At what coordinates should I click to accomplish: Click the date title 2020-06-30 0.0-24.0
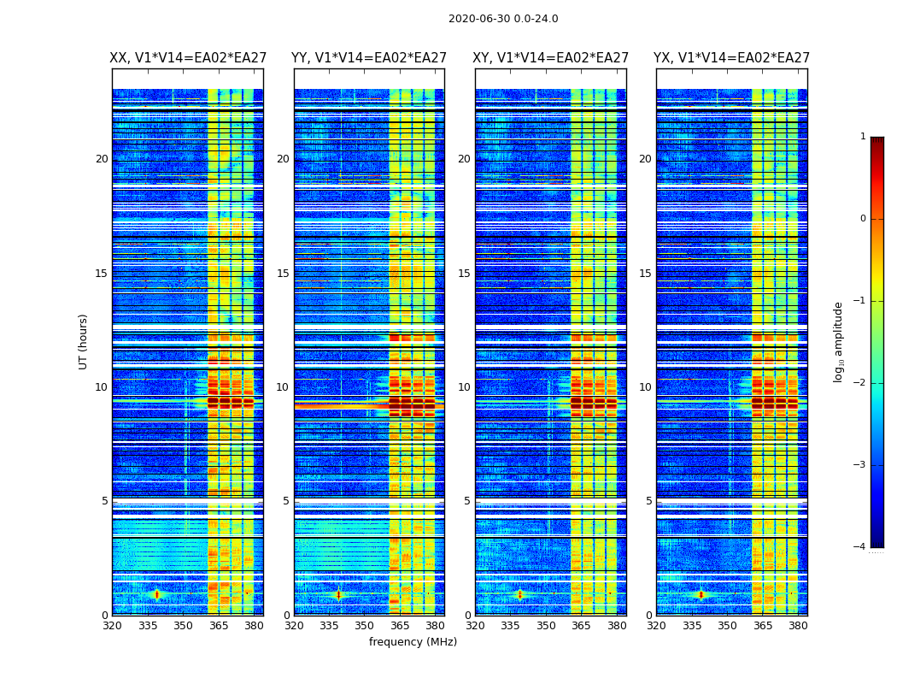coord(503,19)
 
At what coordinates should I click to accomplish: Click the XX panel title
coord(188,58)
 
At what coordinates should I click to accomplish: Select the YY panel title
coord(369,58)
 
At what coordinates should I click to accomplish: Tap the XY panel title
coord(551,58)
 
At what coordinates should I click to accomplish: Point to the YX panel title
coord(732,58)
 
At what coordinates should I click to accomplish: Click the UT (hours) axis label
coord(84,341)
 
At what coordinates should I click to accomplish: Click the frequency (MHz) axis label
coord(413,642)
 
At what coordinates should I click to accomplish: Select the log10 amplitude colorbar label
coord(839,341)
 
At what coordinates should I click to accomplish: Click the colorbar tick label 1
coord(862,137)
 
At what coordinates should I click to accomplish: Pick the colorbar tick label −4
coord(860,547)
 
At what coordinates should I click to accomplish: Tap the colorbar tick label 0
coord(862,219)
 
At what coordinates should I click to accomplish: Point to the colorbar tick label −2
coord(860,383)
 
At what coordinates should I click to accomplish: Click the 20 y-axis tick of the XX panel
coord(102,159)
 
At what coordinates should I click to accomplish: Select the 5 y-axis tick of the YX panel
coord(648,501)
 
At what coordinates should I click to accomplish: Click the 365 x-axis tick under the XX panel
coord(219,626)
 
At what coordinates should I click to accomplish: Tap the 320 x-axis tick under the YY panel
coord(294,626)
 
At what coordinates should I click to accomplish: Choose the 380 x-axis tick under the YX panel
coord(798,626)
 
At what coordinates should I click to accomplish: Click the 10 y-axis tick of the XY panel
coord(464,387)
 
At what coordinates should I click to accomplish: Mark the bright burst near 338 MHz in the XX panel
coord(156,594)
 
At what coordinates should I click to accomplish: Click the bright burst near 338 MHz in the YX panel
coord(701,594)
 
